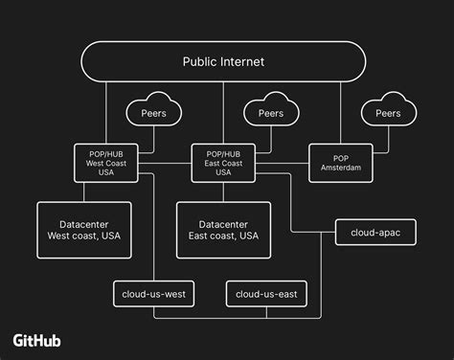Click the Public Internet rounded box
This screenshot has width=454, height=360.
pos(223,61)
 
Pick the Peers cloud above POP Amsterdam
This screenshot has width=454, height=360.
pos(387,113)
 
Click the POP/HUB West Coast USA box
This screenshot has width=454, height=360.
pos(105,160)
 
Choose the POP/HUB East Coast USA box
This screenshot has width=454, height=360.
pos(222,160)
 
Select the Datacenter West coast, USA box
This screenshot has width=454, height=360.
pos(84,229)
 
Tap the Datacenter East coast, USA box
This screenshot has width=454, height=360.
pos(223,229)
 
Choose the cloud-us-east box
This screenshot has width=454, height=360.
pos(265,293)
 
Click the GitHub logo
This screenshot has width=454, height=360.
pos(43,340)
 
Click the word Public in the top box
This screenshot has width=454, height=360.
pos(200,61)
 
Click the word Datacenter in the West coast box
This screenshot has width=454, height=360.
pos(84,221)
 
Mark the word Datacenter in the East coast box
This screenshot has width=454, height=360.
pos(223,221)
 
